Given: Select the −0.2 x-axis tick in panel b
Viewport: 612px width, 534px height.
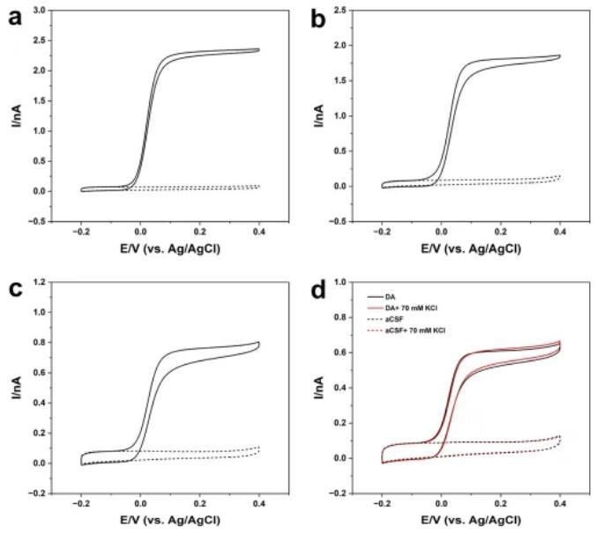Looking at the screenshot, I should pyautogui.click(x=383, y=231).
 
